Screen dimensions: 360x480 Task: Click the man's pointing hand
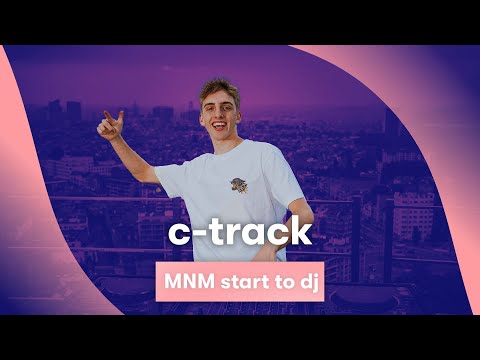(110, 124)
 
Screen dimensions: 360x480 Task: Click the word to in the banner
(278, 282)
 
